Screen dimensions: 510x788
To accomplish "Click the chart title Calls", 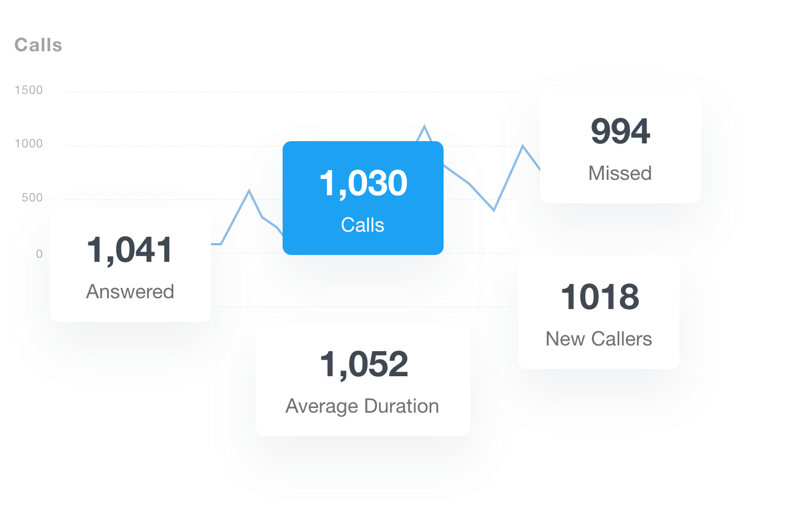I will pyautogui.click(x=38, y=45).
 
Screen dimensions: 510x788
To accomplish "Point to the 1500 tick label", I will pyautogui.click(x=28, y=90).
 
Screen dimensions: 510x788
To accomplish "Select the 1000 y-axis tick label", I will pyautogui.click(x=28, y=143).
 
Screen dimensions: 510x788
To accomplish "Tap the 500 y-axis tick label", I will pyautogui.click(x=32, y=198).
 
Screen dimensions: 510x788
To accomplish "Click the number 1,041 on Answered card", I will pyautogui.click(x=130, y=250).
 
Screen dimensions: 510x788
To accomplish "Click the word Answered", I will pyautogui.click(x=130, y=291).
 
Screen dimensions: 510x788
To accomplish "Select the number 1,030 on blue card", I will pyautogui.click(x=363, y=183).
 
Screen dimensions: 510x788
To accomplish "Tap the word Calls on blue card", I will pyautogui.click(x=362, y=225).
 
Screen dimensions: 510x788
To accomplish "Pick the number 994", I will pyautogui.click(x=620, y=131).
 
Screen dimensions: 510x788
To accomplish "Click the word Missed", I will pyautogui.click(x=620, y=173).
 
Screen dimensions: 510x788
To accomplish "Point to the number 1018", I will pyautogui.click(x=599, y=297).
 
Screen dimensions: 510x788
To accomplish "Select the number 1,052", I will pyautogui.click(x=364, y=364).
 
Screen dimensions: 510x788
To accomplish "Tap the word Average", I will pyautogui.click(x=322, y=406).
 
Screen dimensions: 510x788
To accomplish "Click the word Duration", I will pyautogui.click(x=401, y=406).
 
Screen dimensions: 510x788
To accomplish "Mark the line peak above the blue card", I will pyautogui.click(x=424, y=126).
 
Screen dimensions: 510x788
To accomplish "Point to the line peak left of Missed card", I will pyautogui.click(x=523, y=146).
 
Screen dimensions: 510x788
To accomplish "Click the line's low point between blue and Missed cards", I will pyautogui.click(x=494, y=210).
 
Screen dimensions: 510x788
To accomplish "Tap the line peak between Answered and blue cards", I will pyautogui.click(x=249, y=190).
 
